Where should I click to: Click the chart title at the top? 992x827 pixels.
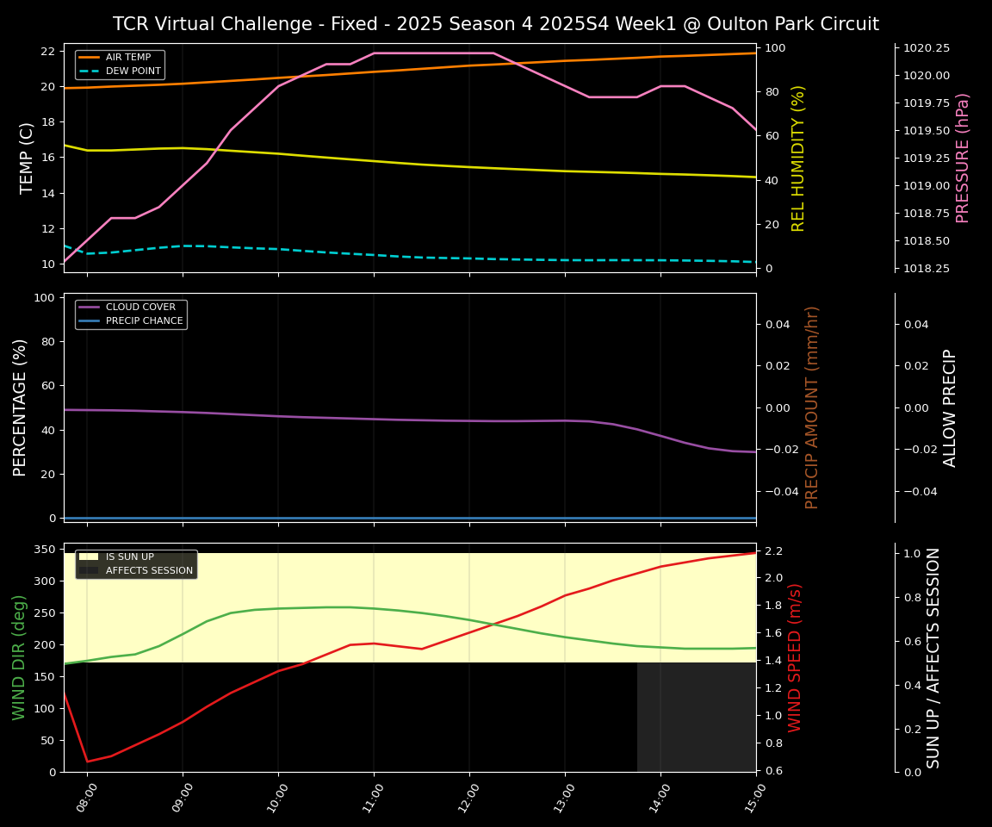point(495,24)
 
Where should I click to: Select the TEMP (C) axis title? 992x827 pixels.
point(28,158)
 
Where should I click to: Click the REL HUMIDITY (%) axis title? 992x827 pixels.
point(798,158)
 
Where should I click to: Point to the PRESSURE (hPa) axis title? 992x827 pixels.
point(963,158)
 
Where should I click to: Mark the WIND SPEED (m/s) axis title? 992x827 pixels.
point(795,657)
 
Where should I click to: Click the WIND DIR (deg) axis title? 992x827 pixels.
point(19,657)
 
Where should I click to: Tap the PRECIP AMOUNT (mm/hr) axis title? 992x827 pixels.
point(812,407)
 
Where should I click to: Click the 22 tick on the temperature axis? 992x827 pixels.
point(47,51)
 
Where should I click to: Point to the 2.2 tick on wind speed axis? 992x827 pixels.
point(772,550)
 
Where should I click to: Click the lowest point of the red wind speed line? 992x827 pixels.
point(87,762)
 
